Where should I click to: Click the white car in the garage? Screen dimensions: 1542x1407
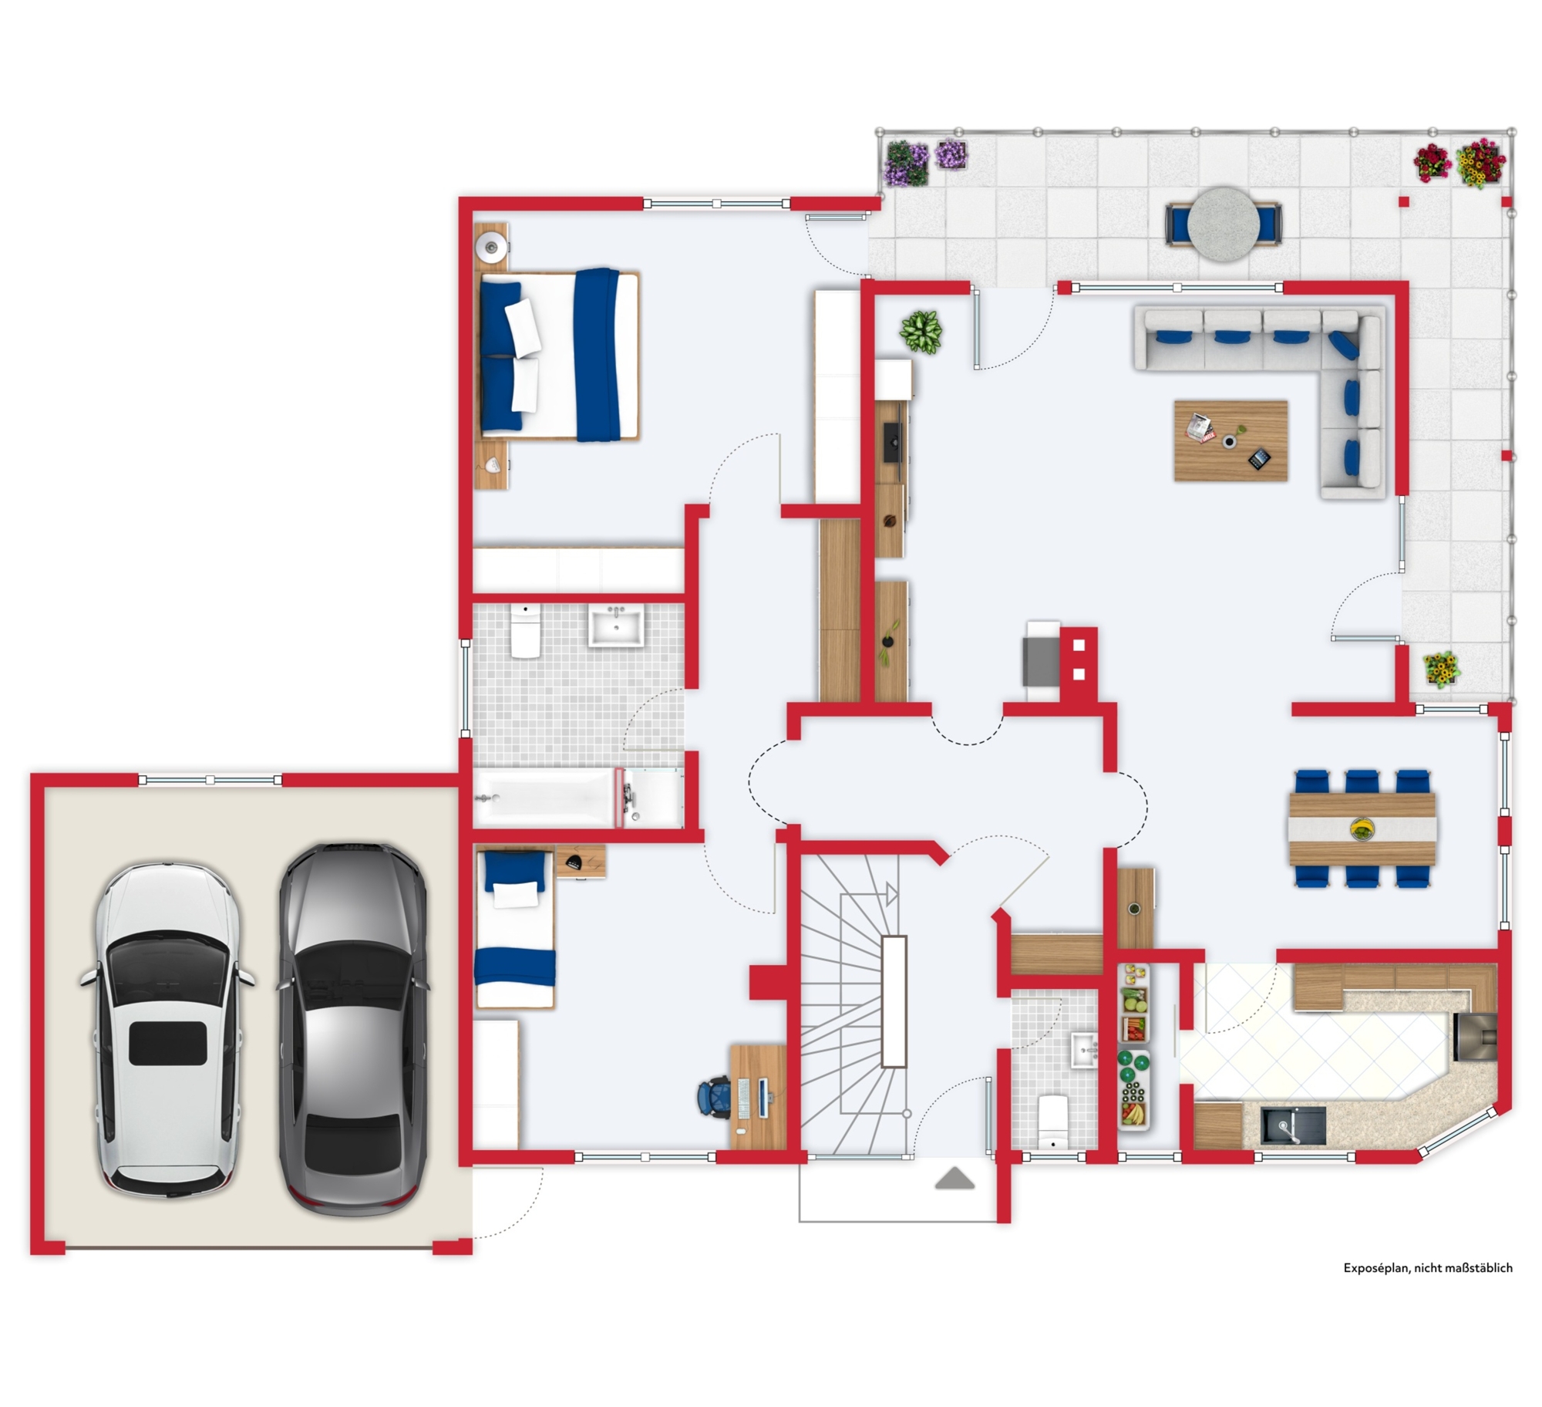point(167,1030)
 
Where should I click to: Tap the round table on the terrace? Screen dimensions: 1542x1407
point(1223,224)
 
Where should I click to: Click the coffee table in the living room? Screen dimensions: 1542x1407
point(1231,440)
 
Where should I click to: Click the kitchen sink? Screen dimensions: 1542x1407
point(1293,1125)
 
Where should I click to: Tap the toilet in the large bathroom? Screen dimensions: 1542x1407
point(525,630)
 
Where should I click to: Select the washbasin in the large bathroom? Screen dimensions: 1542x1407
point(616,624)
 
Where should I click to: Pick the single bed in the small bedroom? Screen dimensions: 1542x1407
point(514,928)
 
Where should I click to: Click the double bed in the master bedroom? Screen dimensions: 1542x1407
point(560,355)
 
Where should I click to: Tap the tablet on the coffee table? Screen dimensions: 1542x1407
point(1258,459)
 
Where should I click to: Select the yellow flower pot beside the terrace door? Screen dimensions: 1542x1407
point(1440,668)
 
